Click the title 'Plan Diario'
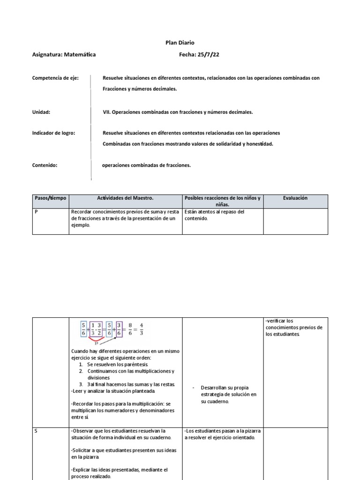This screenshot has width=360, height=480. (180, 43)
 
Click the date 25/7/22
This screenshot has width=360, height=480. (209, 54)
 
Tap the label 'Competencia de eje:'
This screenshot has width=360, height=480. (55, 78)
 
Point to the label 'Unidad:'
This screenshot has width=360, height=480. (41, 112)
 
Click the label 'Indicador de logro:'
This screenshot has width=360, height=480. (53, 133)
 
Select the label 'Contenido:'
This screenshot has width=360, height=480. (45, 165)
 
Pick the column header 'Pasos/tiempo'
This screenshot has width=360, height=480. (51, 198)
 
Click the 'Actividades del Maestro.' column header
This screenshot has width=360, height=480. (125, 198)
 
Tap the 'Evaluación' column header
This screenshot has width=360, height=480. (295, 198)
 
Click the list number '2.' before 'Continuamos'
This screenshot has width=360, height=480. (81, 371)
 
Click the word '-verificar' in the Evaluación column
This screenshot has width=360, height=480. (275, 321)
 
